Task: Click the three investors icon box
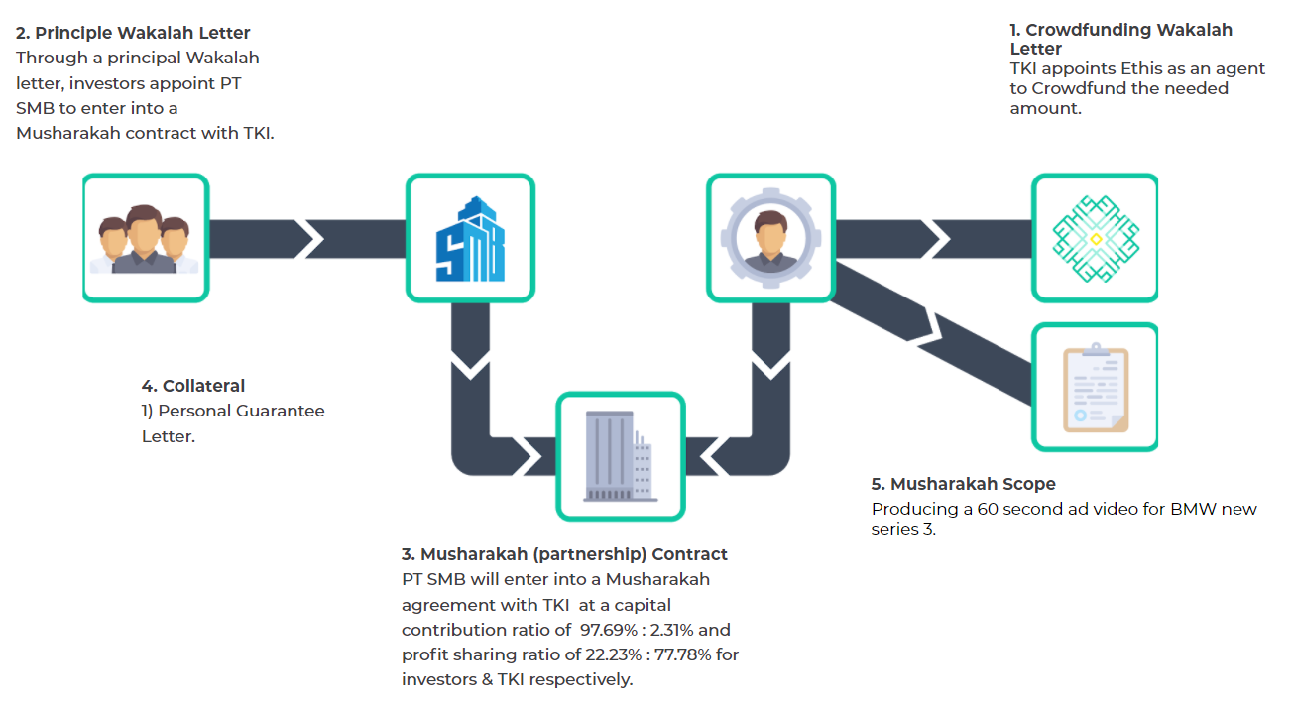(146, 238)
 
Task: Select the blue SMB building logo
(470, 239)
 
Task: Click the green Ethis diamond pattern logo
(1096, 238)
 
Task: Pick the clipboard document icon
(1096, 388)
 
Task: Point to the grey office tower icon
(620, 456)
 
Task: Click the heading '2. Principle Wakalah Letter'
(133, 33)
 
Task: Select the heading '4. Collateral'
(192, 386)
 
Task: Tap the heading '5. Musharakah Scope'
(963, 484)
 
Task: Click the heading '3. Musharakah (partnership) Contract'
(564, 554)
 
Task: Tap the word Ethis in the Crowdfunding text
(1140, 68)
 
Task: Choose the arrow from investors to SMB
(307, 238)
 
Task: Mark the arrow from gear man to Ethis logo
(933, 238)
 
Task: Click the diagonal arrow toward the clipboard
(931, 333)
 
